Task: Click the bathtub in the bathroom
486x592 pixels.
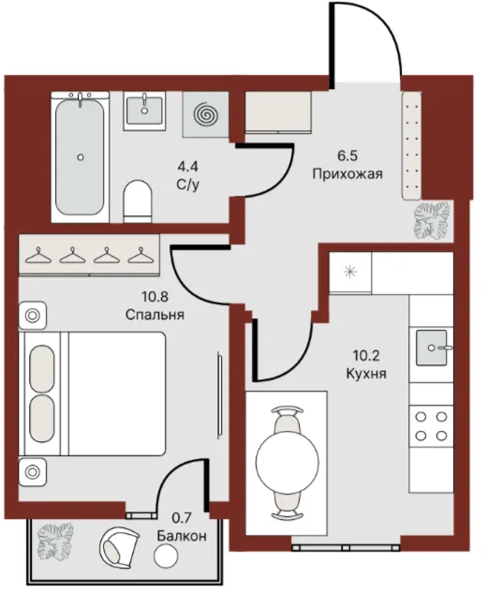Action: click(80, 156)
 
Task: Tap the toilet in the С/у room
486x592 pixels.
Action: click(138, 201)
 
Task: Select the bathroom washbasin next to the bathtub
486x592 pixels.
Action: click(144, 111)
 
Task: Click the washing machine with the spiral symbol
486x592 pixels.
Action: click(206, 114)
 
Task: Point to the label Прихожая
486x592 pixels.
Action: click(347, 174)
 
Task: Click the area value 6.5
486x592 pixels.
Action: click(347, 155)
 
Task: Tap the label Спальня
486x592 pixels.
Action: click(155, 315)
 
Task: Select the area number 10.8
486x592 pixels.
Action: click(155, 297)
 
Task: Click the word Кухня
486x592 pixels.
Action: click(366, 374)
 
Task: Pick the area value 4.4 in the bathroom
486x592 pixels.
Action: click(187, 166)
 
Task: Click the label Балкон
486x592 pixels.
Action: click(182, 536)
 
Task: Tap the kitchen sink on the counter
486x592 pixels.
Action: click(432, 348)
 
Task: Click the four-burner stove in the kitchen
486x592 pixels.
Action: click(431, 426)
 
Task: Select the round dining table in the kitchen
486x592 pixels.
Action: click(287, 462)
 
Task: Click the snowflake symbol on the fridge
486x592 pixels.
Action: click(350, 272)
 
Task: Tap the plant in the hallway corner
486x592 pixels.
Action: click(432, 220)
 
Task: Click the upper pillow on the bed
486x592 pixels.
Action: click(41, 368)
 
